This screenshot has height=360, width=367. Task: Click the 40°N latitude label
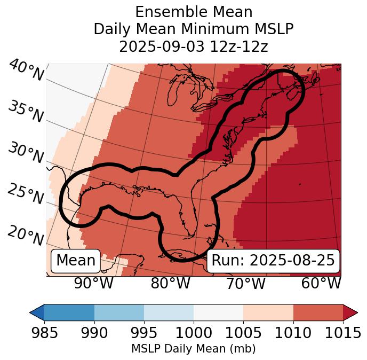pos(26,71)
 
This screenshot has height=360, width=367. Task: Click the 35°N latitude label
pos(26,112)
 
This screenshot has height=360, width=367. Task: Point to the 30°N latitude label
pos(26,154)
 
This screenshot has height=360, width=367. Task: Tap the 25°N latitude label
pos(26,195)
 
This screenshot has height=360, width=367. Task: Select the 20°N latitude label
pos(26,236)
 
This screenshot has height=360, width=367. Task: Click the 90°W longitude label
pos(94,284)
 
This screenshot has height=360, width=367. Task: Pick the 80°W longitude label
pos(170,284)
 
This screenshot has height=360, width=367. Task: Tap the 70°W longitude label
pos(245,284)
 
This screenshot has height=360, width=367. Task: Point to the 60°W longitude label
pos(321,284)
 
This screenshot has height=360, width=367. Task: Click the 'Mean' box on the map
pos(76,261)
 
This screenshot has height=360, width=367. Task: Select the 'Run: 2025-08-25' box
pos(273,261)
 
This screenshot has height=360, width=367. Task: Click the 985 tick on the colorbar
pos(44,333)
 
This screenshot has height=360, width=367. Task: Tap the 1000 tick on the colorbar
pos(194,333)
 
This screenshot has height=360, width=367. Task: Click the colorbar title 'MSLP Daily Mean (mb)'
pos(193,349)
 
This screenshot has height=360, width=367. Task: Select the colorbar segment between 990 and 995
pos(119,312)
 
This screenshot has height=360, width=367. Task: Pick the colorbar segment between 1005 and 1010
pos(268,312)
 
